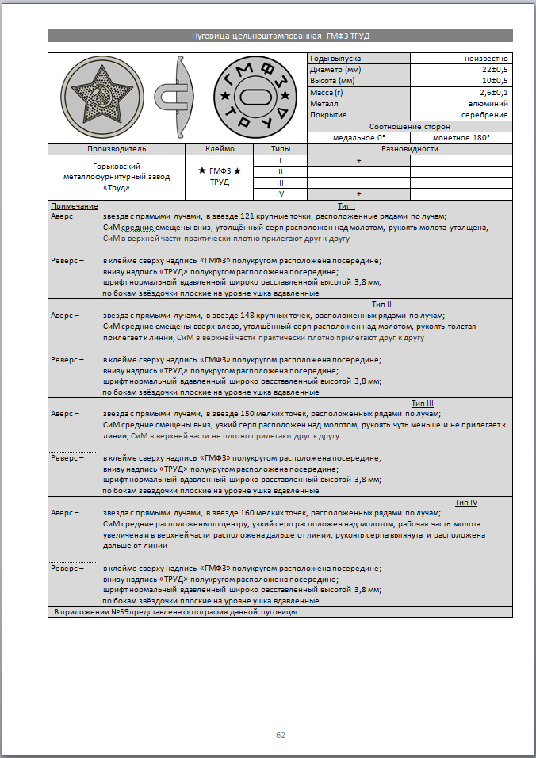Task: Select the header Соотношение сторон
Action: [x=409, y=126]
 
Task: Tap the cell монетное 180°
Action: [x=461, y=137]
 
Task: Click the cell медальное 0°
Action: [x=358, y=137]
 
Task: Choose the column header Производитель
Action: [x=117, y=148]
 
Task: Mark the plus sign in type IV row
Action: [x=358, y=193]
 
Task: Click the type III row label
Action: [x=280, y=182]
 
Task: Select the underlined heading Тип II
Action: [x=381, y=304]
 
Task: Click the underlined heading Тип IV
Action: [x=465, y=502]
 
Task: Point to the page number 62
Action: [x=280, y=735]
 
